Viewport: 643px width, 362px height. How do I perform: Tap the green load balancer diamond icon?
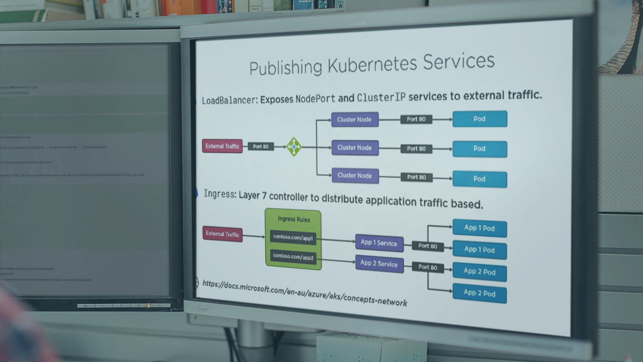pos(294,147)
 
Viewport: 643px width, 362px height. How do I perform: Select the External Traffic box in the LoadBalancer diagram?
pos(222,146)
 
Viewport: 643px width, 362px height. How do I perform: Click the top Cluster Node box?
pos(355,120)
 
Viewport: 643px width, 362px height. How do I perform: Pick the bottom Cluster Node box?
pos(355,175)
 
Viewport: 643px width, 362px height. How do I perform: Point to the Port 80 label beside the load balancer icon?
pos(261,146)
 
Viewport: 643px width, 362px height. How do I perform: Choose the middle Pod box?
pos(480,149)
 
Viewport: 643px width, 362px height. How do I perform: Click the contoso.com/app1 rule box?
pos(293,237)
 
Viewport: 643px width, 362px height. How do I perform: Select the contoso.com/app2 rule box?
pos(293,257)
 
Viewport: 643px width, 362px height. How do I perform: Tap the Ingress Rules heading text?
pos(294,219)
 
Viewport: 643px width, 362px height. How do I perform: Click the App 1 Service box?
pos(379,243)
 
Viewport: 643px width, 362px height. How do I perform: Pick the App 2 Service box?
pos(379,263)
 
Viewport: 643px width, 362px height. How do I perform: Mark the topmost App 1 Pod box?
pos(479,228)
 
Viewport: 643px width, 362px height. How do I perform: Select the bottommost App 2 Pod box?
pos(479,293)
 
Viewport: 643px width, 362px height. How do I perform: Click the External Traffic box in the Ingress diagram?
pos(222,234)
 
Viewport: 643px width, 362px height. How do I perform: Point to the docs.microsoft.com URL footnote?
pos(304,292)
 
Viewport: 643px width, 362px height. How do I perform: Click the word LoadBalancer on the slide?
pos(229,100)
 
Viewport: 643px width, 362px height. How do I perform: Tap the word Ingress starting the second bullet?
pos(220,194)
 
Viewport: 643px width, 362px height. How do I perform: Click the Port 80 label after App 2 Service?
pos(428,267)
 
